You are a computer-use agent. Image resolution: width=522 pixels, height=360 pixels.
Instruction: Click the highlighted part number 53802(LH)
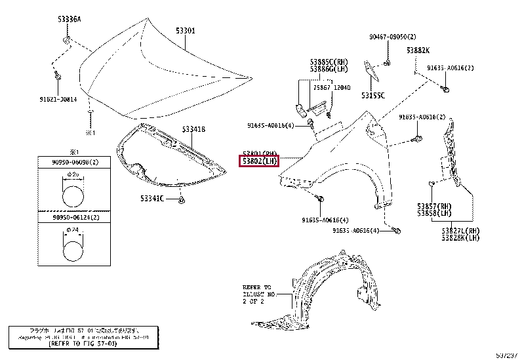(260, 161)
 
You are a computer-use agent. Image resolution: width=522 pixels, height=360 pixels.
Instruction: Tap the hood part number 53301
(185, 31)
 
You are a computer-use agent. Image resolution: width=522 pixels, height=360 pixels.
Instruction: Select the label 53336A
(69, 19)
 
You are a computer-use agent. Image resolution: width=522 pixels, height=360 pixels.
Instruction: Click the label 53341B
(194, 129)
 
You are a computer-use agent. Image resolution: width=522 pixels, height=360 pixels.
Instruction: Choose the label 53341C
(151, 197)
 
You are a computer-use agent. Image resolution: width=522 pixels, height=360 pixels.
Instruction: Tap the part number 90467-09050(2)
(392, 37)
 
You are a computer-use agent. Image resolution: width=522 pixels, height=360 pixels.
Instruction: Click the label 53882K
(417, 50)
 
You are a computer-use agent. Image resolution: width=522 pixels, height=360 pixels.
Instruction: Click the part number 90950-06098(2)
(68, 161)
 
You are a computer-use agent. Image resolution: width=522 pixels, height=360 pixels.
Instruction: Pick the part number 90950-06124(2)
(68, 217)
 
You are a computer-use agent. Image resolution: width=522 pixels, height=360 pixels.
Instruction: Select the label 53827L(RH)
(460, 231)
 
